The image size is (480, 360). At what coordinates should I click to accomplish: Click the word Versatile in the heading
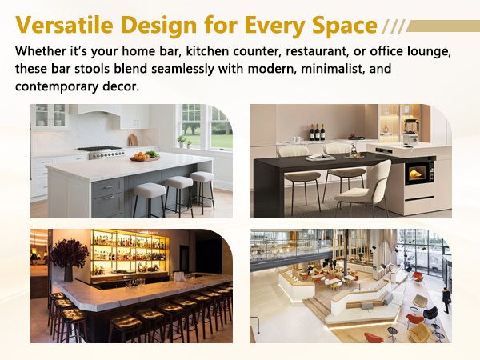coord(64,25)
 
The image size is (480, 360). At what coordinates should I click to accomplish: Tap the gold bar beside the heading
coord(442,26)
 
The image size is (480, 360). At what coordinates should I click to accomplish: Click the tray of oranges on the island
coord(145,156)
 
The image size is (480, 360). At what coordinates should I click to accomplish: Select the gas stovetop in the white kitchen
coord(102,152)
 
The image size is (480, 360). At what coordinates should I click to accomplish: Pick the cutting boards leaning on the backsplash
coord(133,139)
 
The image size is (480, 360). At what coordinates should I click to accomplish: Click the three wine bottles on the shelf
coord(317,132)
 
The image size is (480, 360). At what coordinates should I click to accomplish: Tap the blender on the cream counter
coord(410,132)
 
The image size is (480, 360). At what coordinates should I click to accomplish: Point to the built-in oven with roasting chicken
coord(419,173)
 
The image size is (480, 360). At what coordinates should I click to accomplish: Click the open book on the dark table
coord(321,158)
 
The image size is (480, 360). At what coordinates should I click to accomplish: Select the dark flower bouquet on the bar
coord(69,254)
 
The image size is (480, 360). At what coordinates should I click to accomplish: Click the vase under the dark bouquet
coord(68,274)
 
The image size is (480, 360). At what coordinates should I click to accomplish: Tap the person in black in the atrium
coord(446,299)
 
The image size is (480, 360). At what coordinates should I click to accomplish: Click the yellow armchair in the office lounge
coord(419,332)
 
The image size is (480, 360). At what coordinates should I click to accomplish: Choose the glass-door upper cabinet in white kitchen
coord(51,115)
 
